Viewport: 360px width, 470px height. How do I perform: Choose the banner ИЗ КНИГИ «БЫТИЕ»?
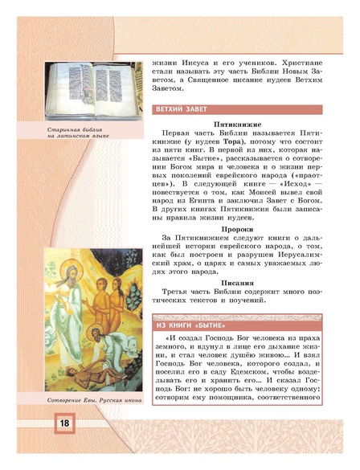(x=191, y=323)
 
